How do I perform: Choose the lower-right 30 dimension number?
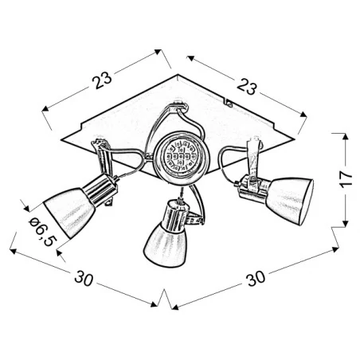(x=256, y=280)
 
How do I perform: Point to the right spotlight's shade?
(x=288, y=195)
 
